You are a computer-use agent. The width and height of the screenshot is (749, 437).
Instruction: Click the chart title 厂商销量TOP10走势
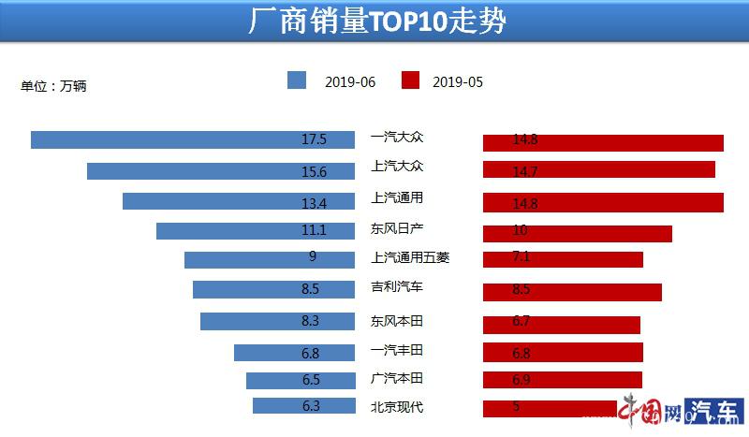pos(375,22)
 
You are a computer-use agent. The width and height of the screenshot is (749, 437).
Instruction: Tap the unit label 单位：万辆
pos(54,86)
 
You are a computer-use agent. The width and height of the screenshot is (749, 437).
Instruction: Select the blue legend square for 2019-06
pos(297,80)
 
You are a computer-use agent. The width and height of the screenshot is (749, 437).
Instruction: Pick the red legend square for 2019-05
pos(410,80)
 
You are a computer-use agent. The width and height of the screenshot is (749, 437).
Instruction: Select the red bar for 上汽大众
pos(599,169)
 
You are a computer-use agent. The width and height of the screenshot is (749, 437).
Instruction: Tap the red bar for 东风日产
pos(578,233)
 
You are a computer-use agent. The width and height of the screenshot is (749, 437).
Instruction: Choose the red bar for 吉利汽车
pos(572,291)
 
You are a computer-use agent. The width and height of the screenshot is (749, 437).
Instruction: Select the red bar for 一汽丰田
pos(563,352)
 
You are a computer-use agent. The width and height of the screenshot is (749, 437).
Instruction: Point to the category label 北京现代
pos(397,406)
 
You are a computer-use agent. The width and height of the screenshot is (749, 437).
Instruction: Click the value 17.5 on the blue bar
pos(314,139)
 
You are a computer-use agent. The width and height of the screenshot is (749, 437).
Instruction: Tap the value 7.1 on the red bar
pos(521,259)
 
